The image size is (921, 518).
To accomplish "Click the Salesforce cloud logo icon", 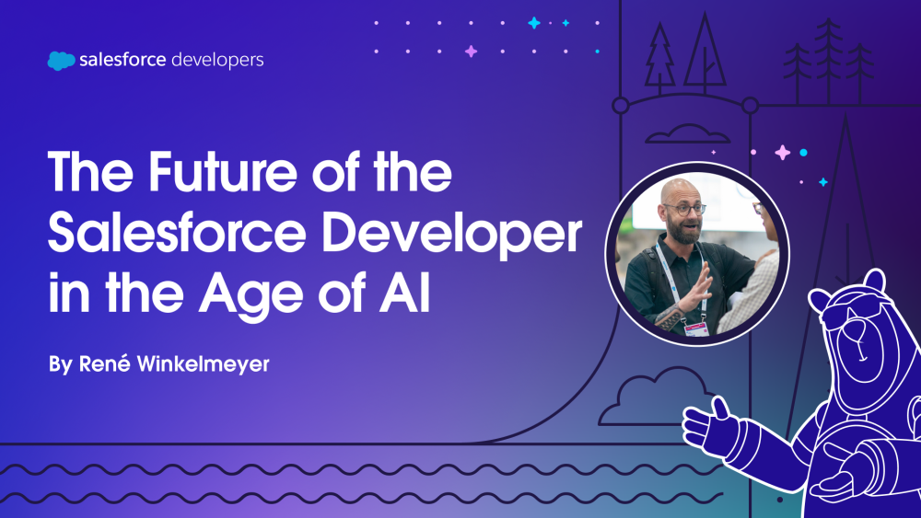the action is tap(61, 61).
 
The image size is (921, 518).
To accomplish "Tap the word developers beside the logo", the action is tap(217, 61).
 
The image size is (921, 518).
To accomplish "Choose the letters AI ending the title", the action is tap(404, 292).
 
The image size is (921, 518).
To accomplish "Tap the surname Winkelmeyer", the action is tap(204, 365).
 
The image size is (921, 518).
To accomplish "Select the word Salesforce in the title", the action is tap(177, 233).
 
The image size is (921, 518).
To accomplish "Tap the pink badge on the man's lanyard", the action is tap(696, 328).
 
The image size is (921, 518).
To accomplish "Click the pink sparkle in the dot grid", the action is tap(471, 52).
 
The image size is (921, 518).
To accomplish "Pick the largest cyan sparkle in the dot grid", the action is tap(534, 23).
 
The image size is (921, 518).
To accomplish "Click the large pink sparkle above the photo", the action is tap(782, 153).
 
